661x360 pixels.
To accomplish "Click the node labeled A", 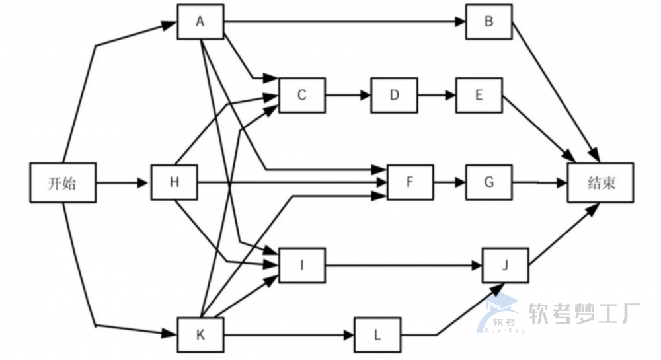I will pos(200,22).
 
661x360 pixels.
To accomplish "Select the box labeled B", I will pos(489,22).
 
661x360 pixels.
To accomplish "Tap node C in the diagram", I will pos(302,95).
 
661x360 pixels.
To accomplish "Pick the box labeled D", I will pos(394,95).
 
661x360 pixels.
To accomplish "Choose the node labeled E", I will pos(479,95).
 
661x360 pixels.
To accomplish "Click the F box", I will pos(410,182).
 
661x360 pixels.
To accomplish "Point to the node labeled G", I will pos(489,182).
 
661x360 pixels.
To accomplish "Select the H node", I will pos(175,182).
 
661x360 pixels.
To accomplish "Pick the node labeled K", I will pos(200,335).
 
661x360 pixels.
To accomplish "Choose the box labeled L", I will pos(377,335).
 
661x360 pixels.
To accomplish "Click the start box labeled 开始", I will pos(63,182).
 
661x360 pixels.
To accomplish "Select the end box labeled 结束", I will pos(600,182).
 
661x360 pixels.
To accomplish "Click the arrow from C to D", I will pos(348,95).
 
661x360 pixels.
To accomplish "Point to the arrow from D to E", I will pos(436,95).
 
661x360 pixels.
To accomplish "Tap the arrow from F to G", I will pos(449,182).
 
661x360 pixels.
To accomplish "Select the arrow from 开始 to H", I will pos(124,182).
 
